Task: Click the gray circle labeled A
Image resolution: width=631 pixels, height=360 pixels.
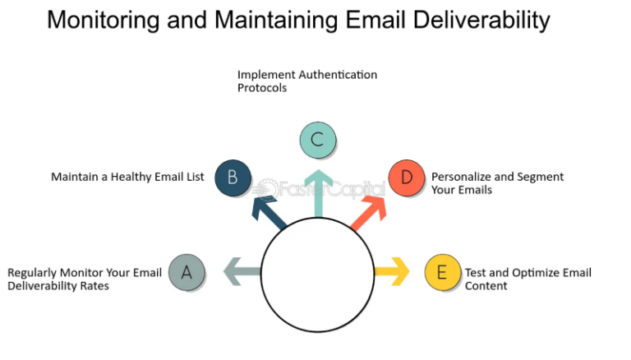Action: [x=187, y=272]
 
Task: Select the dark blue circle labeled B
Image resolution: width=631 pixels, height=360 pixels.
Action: [x=233, y=178]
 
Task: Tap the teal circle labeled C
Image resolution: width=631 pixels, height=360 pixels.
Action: [x=317, y=139]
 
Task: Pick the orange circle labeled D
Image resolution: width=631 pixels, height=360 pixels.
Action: [x=407, y=178]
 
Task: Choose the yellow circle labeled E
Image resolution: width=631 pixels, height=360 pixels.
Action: [x=443, y=272]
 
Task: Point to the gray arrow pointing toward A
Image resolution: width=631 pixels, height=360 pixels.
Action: [x=241, y=271]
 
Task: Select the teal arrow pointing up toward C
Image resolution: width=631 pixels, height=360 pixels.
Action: [x=317, y=194]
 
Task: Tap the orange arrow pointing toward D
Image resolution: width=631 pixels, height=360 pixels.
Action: [x=369, y=208]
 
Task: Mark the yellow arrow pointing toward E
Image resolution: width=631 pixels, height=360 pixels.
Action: [x=393, y=271]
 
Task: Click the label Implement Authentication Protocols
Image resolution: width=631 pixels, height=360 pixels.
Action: [x=306, y=81]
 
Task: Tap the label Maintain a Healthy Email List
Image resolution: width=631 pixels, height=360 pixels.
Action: [x=127, y=177]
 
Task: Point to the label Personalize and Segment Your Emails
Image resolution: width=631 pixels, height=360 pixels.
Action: [x=497, y=183]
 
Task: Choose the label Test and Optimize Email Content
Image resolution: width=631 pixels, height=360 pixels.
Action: [x=527, y=279]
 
